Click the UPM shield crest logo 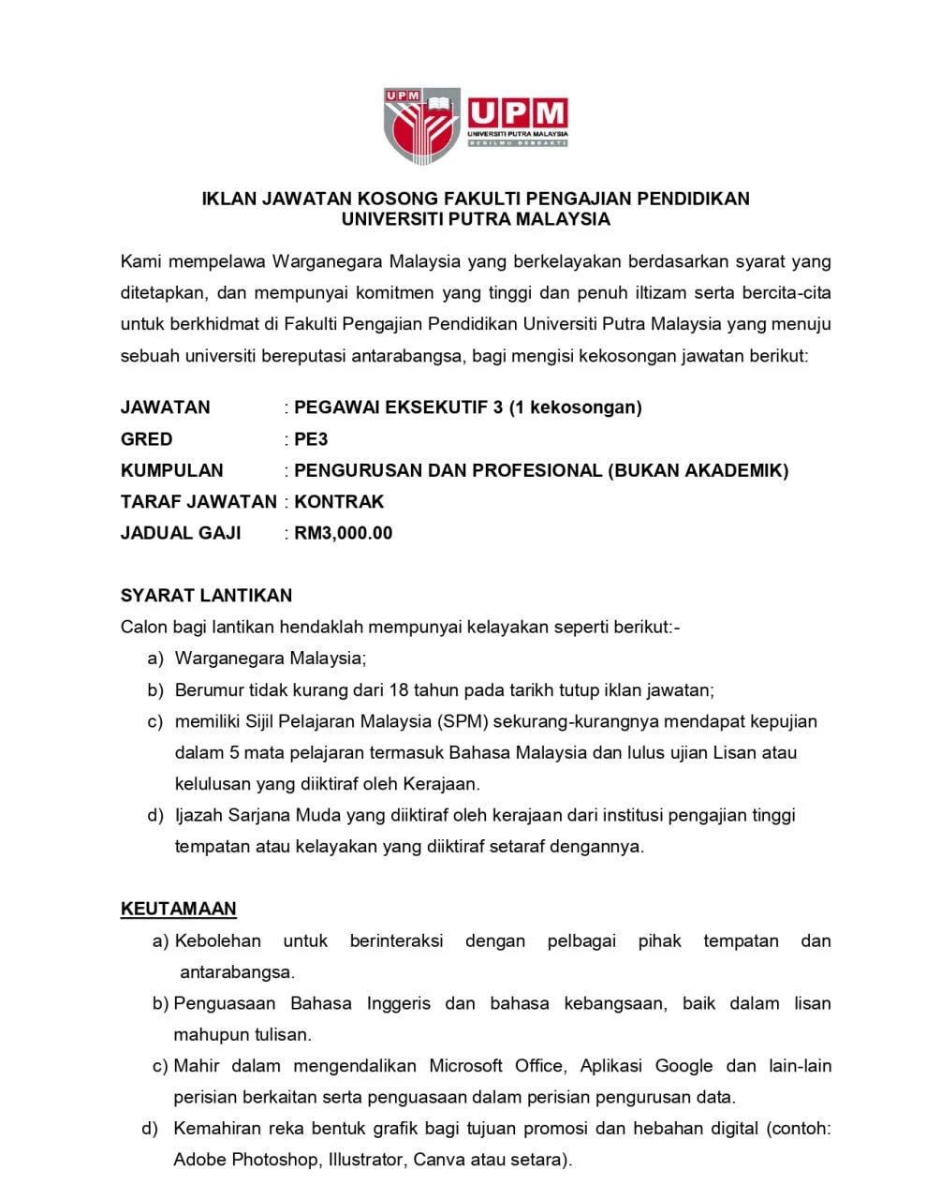422,125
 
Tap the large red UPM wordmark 518,113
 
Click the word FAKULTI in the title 482,199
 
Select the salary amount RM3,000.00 344,533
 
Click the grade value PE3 311,439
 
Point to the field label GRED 147,439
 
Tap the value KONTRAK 339,502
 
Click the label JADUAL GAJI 181,533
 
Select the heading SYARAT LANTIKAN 206,596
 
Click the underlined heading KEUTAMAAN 179,909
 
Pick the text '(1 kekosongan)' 576,407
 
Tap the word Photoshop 274,1160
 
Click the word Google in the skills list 683,1066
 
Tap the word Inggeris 399,1003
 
